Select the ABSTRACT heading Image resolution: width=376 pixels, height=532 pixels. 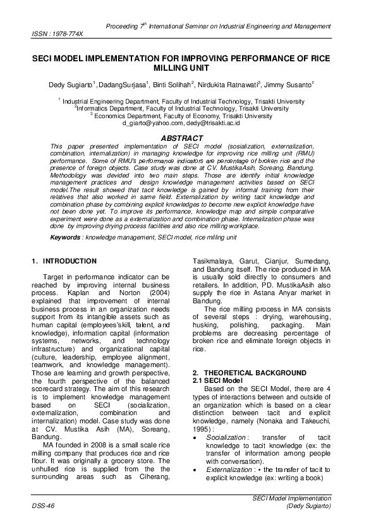point(181,138)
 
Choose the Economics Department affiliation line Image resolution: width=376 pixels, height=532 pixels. point(183,116)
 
